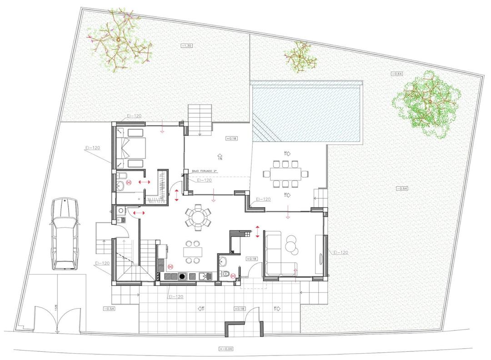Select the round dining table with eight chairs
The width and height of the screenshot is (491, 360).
(x=197, y=216)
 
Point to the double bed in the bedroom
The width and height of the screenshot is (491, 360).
(x=134, y=148)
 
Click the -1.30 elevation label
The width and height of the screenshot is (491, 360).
(x=186, y=45)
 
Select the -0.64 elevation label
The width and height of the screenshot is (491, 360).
(x=397, y=74)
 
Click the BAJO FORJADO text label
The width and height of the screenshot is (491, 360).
(x=205, y=171)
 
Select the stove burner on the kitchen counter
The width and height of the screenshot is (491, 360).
(x=182, y=276)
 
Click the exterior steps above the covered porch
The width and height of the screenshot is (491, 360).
(x=200, y=119)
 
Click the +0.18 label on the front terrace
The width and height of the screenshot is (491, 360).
(x=240, y=309)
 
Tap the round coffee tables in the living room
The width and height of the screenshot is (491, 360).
(x=291, y=245)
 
